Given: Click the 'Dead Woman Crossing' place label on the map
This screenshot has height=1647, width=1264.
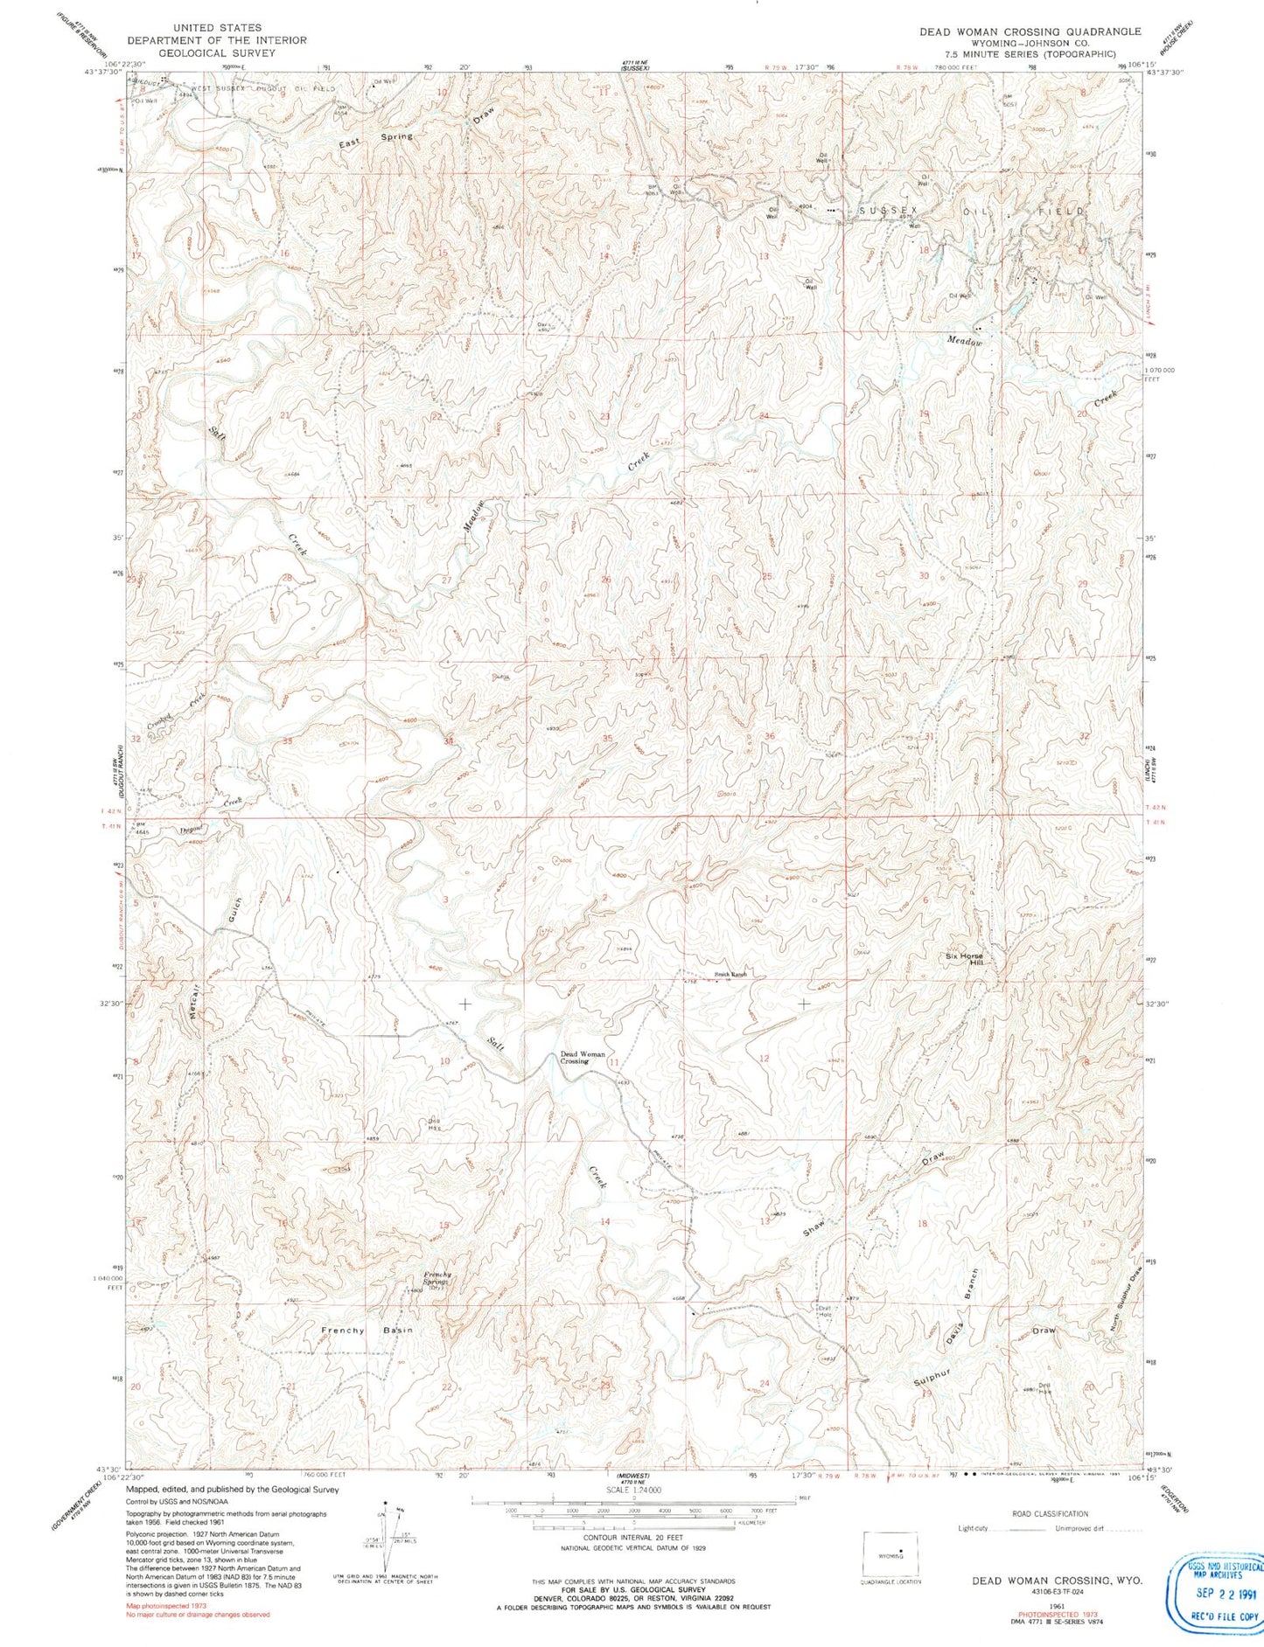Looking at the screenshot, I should pyautogui.click(x=582, y=1058).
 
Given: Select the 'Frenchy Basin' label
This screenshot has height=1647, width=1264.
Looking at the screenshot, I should pyautogui.click(x=367, y=1331).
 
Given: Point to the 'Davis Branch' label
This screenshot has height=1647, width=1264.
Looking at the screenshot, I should pyautogui.click(x=962, y=1307).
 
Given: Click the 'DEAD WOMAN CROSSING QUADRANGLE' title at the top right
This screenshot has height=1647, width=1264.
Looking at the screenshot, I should pyautogui.click(x=1030, y=31).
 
